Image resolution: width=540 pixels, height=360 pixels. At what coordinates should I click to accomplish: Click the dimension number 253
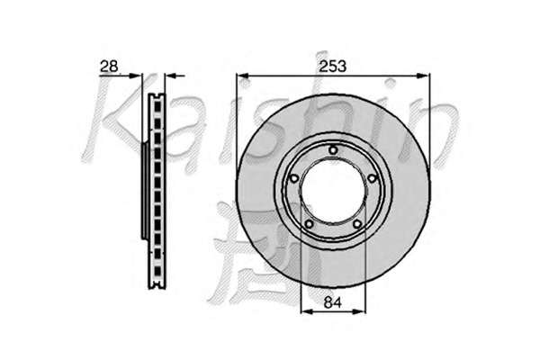coord(332,66)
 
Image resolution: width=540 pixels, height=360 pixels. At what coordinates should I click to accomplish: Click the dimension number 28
coord(109,66)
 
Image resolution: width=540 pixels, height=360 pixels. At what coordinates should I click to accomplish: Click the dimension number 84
coord(333,302)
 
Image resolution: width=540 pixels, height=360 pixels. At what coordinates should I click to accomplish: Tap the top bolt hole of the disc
coord(333,150)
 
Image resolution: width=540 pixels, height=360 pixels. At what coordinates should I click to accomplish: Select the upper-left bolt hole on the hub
coord(294,178)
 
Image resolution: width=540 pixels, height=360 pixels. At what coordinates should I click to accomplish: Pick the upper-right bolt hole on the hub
coord(372,178)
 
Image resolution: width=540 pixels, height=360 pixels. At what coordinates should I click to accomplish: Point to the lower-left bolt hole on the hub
coord(309,224)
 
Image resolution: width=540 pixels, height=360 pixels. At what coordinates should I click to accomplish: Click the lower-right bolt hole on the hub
coord(357,224)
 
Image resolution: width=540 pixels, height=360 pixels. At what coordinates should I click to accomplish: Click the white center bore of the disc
coord(333,191)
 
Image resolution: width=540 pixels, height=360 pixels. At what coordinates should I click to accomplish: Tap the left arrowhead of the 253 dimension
coord(243,76)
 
